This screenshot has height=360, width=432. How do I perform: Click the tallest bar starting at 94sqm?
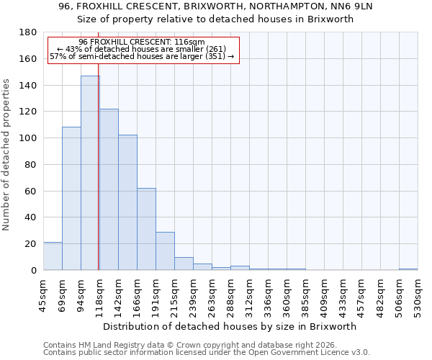(x=90, y=173)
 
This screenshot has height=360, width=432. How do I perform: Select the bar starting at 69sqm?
(x=71, y=199)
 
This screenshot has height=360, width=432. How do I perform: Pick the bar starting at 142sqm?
(x=127, y=202)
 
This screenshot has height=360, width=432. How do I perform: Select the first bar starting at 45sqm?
(x=53, y=256)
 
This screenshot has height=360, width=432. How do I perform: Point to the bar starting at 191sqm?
(x=165, y=251)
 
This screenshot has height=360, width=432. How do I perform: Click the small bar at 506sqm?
(x=408, y=269)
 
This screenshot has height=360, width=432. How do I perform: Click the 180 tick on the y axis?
(x=29, y=32)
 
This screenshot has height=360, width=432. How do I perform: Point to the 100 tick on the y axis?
(x=29, y=138)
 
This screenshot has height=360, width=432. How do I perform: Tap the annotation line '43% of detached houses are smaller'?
(x=143, y=49)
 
